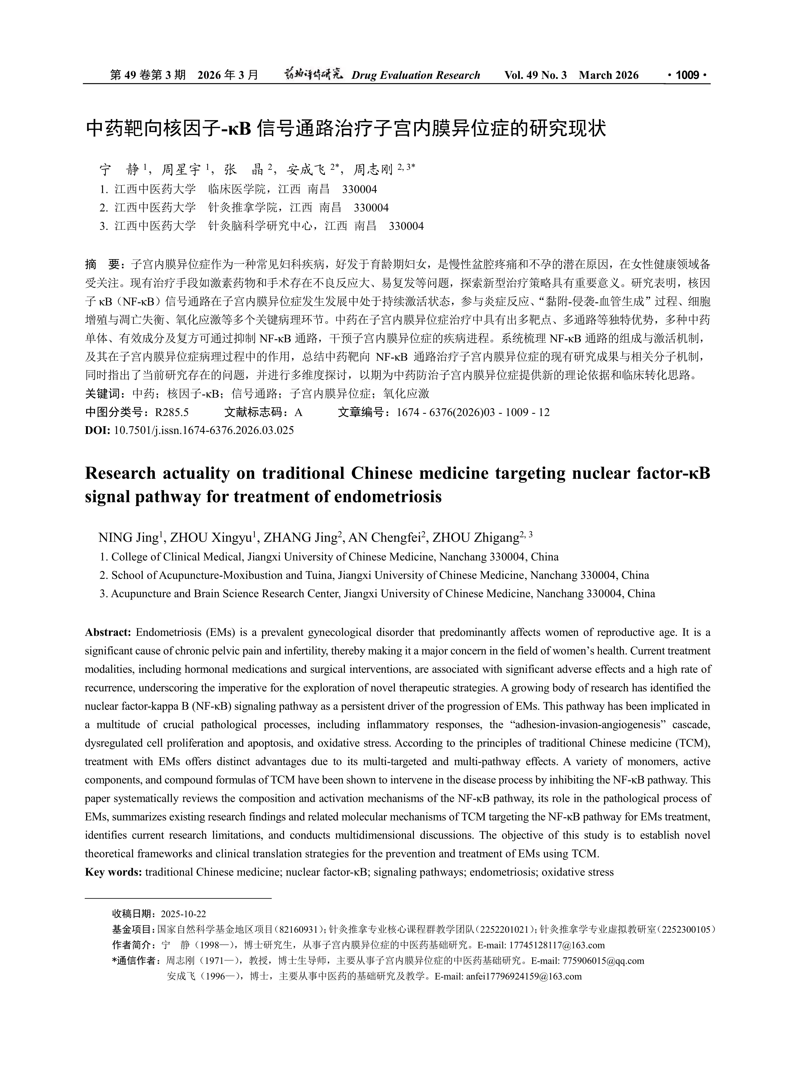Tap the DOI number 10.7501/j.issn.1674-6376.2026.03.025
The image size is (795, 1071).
tap(204, 430)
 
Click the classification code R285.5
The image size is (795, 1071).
tap(172, 412)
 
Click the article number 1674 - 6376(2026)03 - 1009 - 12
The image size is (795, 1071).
tap(473, 412)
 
